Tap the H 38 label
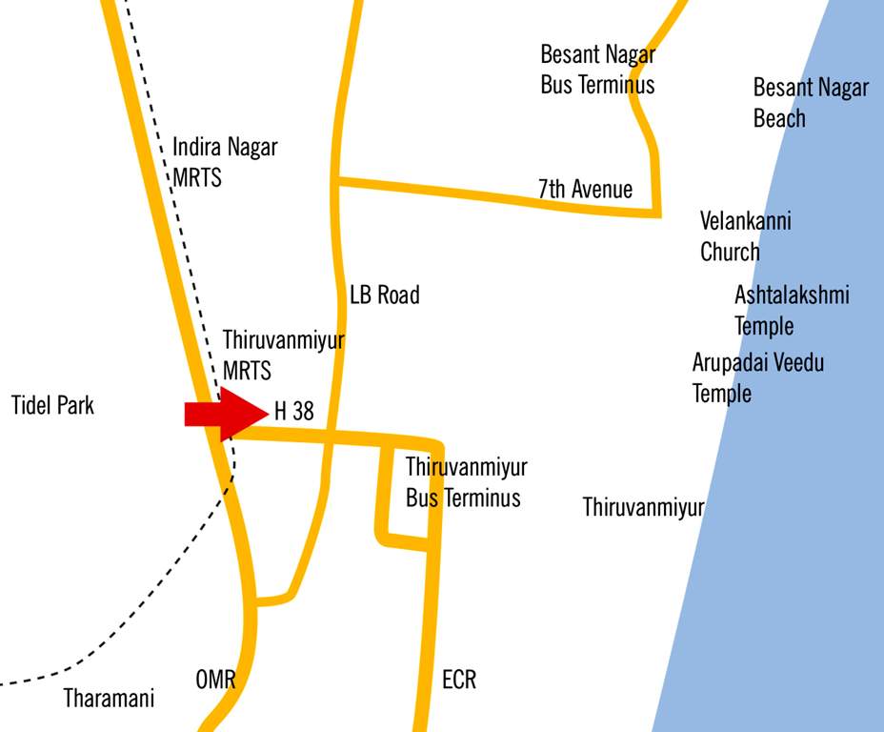293,412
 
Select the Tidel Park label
53,405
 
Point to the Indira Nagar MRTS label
225,162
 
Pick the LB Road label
384,295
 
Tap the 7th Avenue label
585,189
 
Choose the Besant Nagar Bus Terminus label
597,69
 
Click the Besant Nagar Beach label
811,103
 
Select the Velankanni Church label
745,236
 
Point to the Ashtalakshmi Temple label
791,310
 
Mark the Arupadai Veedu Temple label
757,377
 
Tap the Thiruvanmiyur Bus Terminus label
466,482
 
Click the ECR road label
459,681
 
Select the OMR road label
215,681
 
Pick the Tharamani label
109,699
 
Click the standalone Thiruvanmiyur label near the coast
643,507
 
